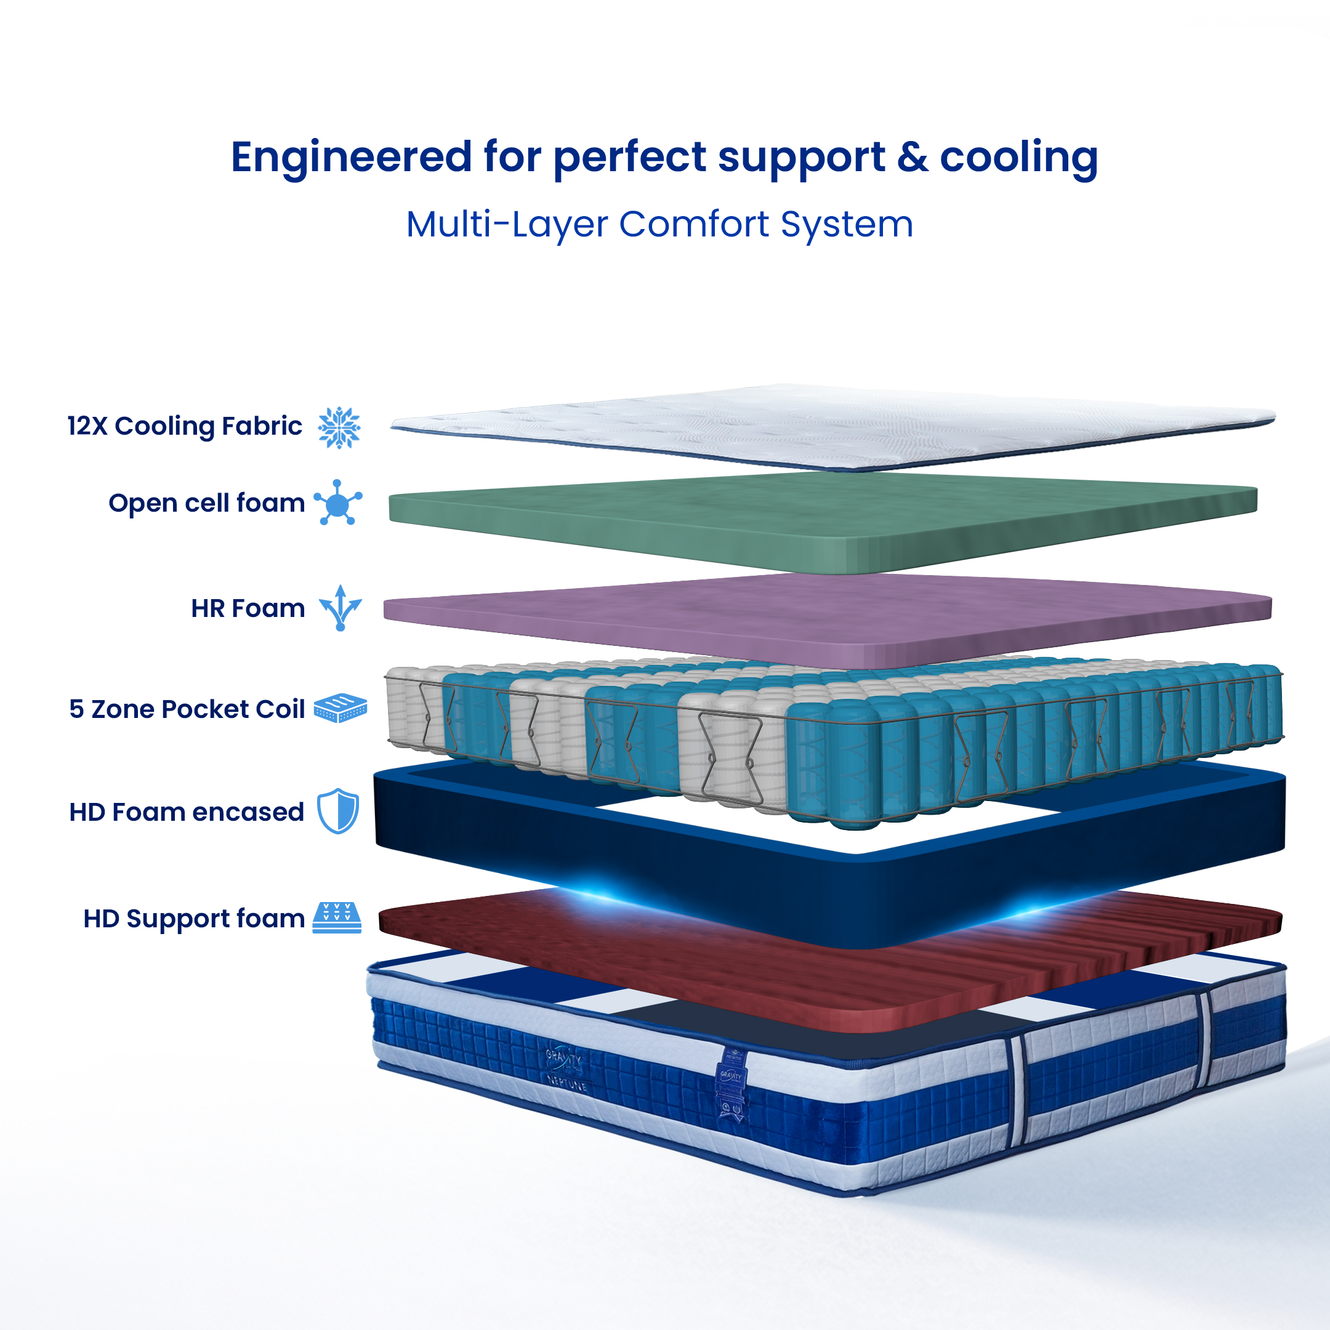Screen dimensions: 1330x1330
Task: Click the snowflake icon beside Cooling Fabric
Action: point(339,427)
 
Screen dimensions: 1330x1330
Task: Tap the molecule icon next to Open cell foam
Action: point(337,503)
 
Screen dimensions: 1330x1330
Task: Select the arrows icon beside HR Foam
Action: point(340,608)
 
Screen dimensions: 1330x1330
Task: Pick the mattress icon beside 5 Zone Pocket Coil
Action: point(340,707)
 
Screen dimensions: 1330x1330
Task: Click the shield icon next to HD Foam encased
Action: point(338,812)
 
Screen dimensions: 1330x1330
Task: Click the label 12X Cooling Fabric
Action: point(185,426)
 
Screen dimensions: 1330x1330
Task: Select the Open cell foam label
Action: point(206,503)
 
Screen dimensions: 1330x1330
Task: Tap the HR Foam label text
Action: point(248,608)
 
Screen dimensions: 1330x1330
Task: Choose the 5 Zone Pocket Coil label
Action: point(187,709)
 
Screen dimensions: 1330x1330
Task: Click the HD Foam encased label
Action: point(187,812)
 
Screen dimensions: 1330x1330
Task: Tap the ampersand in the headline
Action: point(912,158)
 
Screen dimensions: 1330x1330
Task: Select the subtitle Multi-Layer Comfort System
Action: point(659,224)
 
